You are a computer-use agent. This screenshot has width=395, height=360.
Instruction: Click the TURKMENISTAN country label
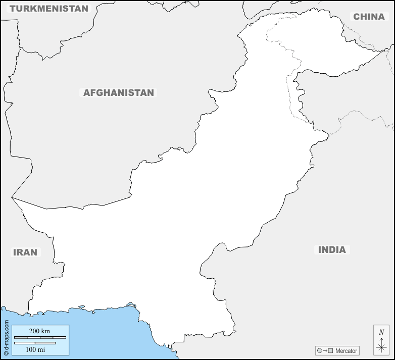pyautogui.click(x=49, y=9)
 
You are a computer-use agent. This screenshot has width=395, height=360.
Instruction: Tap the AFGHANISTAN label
pyautogui.click(x=118, y=93)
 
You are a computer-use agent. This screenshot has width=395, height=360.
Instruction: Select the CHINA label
pyautogui.click(x=369, y=17)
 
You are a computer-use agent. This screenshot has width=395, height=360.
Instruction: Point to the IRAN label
pyautogui.click(x=25, y=252)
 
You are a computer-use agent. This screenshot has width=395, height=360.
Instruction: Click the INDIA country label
pyautogui.click(x=332, y=249)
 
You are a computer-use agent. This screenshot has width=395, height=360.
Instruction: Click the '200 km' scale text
pyautogui.click(x=39, y=331)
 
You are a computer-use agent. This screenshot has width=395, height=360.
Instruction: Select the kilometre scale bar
pyautogui.click(x=39, y=337)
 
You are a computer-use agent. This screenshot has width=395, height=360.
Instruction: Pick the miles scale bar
pyautogui.click(x=35, y=343)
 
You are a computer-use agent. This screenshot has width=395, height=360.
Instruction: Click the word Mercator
pyautogui.click(x=346, y=350)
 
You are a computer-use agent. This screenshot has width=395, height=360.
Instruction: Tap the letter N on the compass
pyautogui.click(x=381, y=332)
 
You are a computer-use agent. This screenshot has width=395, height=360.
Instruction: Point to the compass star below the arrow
pyautogui.click(x=381, y=347)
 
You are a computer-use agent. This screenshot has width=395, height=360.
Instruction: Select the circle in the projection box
pyautogui.click(x=320, y=350)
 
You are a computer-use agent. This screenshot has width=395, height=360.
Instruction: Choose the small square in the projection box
pyautogui.click(x=331, y=350)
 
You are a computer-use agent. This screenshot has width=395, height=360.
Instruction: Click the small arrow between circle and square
pyautogui.click(x=325, y=350)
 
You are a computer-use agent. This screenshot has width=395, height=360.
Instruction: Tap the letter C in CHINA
pyautogui.click(x=357, y=17)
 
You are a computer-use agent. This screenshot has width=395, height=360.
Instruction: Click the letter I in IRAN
pyautogui.click(x=15, y=252)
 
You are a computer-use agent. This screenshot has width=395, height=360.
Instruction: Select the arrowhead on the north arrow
pyautogui.click(x=381, y=339)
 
